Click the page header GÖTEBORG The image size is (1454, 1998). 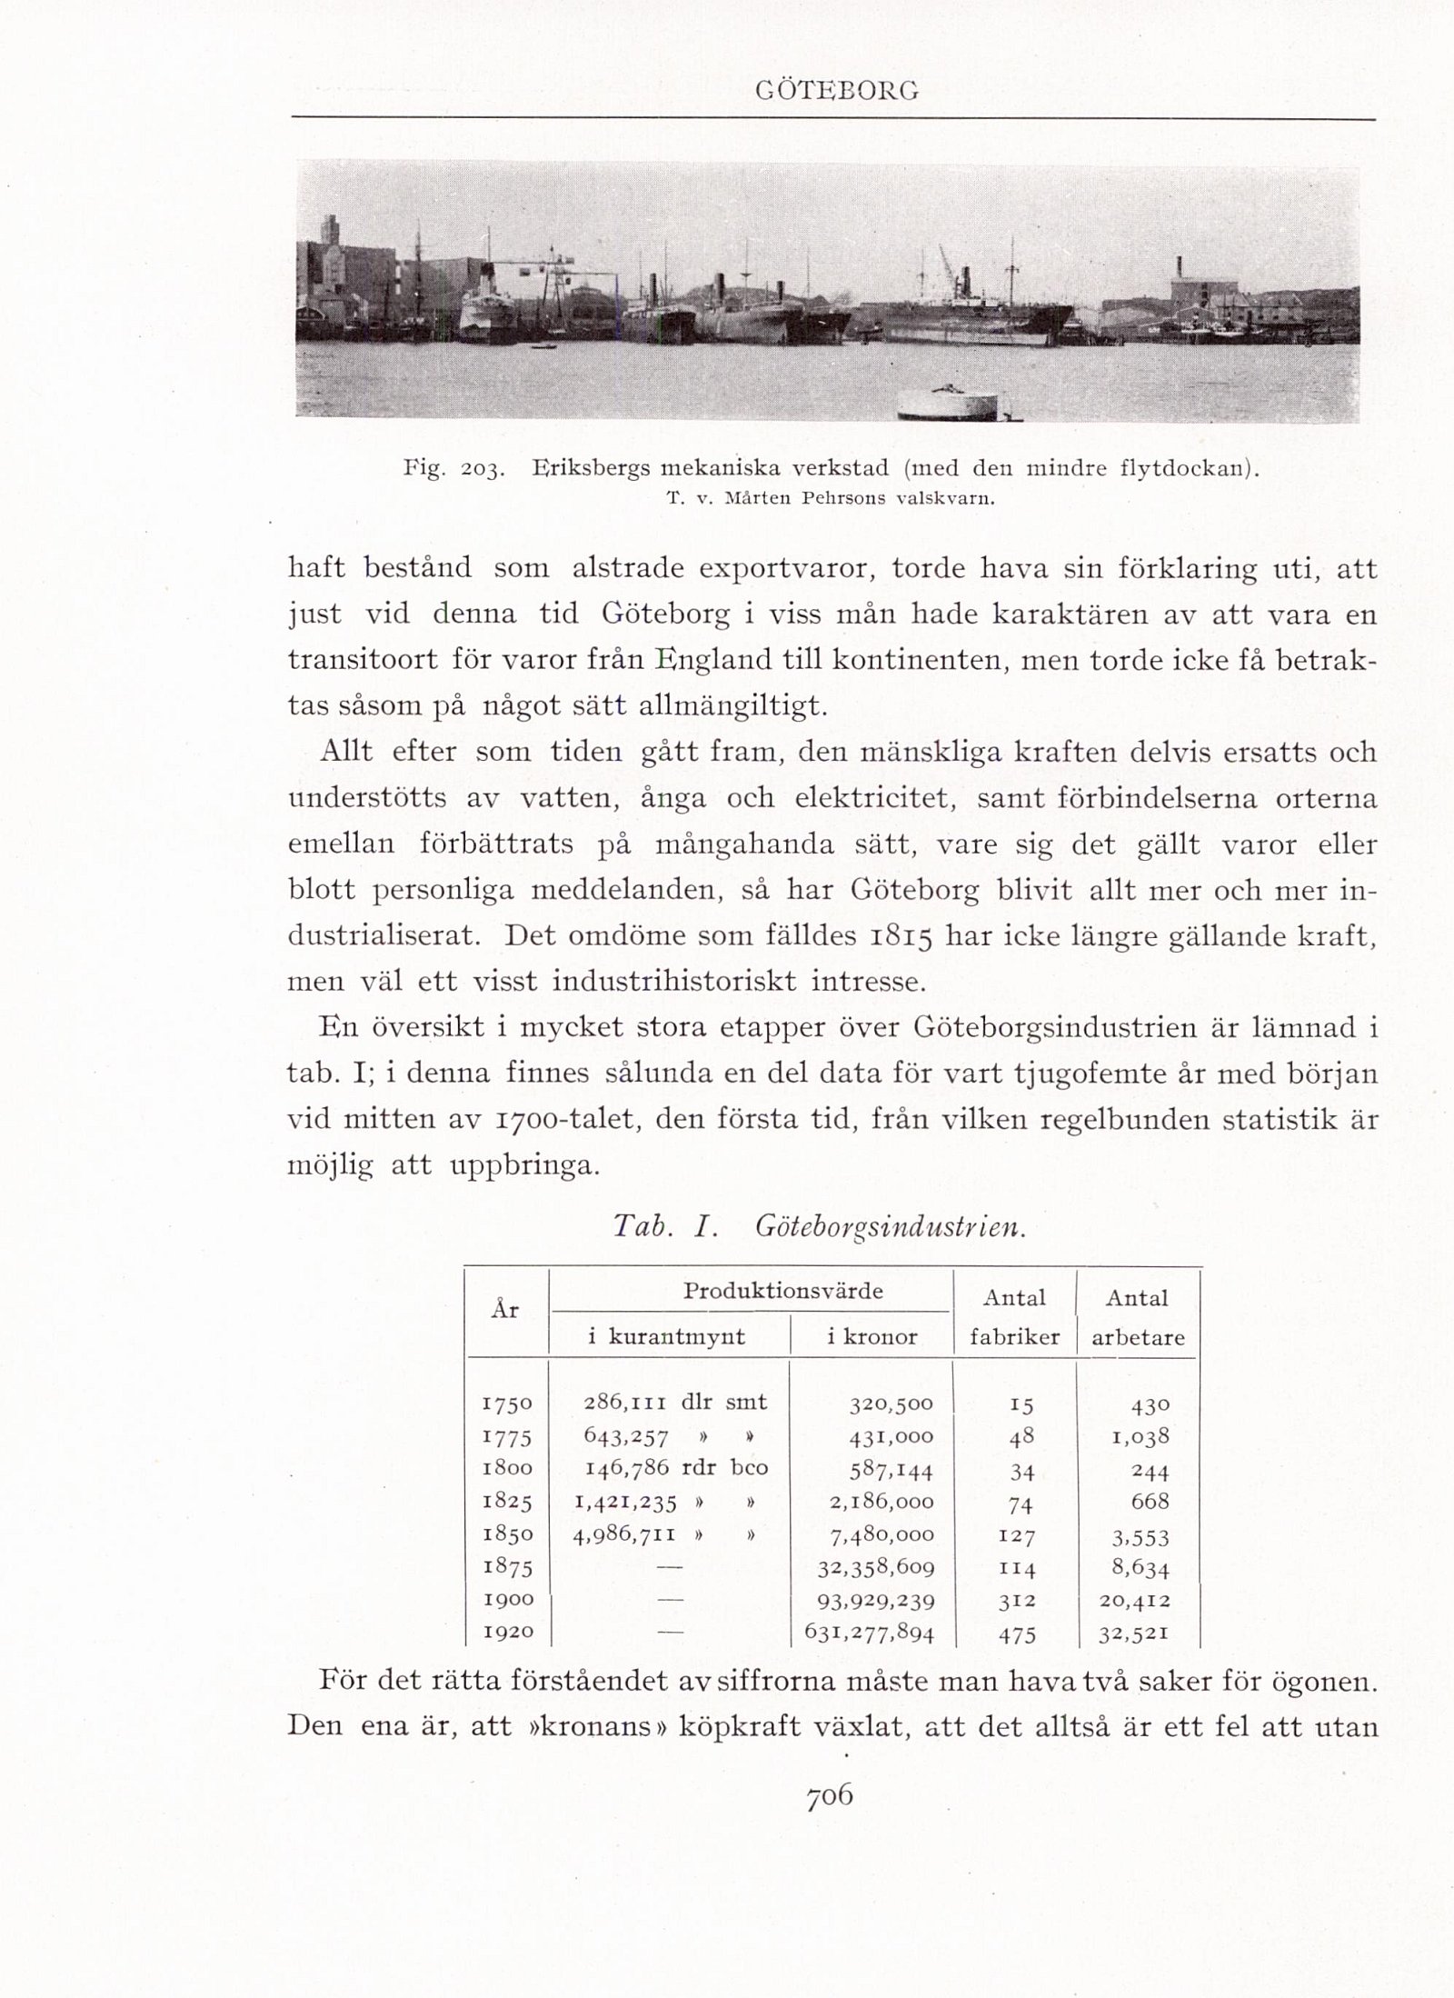(x=837, y=92)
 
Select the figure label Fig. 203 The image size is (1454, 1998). (x=452, y=470)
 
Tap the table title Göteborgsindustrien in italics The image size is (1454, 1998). (x=890, y=1227)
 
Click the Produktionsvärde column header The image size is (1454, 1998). (x=782, y=1292)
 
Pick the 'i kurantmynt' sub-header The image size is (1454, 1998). (x=666, y=1336)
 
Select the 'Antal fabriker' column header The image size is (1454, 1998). (x=1014, y=1316)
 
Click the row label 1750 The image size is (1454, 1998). (x=507, y=1404)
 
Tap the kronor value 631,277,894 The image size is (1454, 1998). (x=869, y=1633)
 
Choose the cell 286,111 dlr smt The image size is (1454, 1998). (x=675, y=1402)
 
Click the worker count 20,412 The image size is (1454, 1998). (x=1134, y=1600)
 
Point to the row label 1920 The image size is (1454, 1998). (x=507, y=1633)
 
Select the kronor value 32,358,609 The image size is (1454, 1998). (x=876, y=1568)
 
